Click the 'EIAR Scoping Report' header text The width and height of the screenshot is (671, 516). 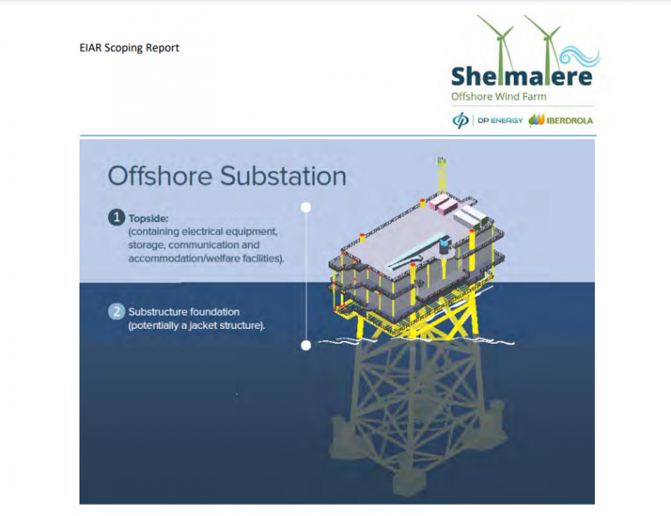[x=129, y=47]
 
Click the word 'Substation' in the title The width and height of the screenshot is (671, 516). [x=283, y=176]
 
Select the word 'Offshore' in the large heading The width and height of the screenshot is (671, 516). [x=160, y=176]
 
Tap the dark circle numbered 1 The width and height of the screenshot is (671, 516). [x=116, y=218]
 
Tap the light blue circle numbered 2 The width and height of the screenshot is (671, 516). [x=116, y=311]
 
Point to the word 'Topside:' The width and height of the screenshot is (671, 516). [x=149, y=219]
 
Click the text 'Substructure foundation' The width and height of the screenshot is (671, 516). [x=184, y=311]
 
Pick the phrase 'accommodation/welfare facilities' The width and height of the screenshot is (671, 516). [x=204, y=258]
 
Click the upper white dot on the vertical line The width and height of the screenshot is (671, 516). [x=306, y=207]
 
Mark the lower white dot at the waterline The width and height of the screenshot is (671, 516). [x=306, y=345]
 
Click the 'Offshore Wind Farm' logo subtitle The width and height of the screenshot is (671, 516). [x=499, y=97]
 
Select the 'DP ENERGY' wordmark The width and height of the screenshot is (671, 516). [x=501, y=121]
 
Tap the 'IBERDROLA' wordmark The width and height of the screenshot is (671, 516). [x=570, y=121]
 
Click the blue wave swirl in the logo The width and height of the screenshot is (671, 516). [x=580, y=56]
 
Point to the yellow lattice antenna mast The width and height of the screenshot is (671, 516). [x=441, y=175]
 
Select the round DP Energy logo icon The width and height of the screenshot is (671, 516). [x=460, y=121]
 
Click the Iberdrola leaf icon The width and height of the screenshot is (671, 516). [x=536, y=121]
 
